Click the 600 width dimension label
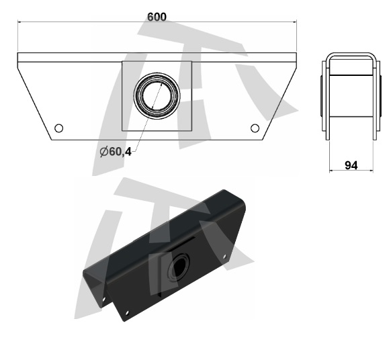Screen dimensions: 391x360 point(157,17)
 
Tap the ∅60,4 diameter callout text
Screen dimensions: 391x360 point(116,151)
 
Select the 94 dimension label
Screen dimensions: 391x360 point(351,165)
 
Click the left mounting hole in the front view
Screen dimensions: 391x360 point(58,128)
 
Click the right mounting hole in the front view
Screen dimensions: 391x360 point(255,128)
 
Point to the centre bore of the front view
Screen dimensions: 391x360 point(157,96)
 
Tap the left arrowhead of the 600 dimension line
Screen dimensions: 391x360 point(19,22)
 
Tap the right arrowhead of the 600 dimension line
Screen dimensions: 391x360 point(295,22)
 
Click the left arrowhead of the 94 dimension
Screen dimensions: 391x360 point(331,171)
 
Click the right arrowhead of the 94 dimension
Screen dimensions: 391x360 point(372,171)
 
